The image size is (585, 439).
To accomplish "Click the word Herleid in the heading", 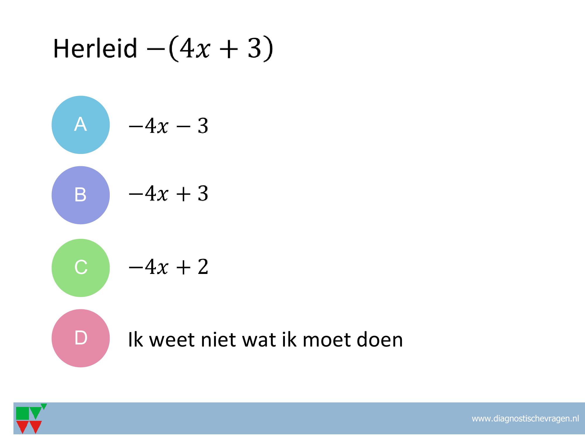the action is (x=95, y=48).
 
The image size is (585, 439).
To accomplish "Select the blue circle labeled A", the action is (x=81, y=125).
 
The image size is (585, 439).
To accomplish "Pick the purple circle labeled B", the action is (x=81, y=195).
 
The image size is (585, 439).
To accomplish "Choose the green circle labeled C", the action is (x=81, y=268).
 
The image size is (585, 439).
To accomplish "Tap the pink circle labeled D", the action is (x=81, y=338).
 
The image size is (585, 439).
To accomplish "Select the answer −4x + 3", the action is (x=168, y=194).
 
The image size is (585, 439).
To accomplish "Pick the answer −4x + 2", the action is (x=168, y=267).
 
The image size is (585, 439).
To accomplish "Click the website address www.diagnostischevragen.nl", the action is (x=525, y=419).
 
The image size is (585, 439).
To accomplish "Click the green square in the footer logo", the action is (x=23, y=413).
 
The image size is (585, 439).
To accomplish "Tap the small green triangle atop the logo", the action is (x=44, y=406).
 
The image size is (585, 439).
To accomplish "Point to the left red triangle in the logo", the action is (x=23, y=426).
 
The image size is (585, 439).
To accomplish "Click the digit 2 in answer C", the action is (x=203, y=267).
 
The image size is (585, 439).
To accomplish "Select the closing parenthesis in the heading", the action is (x=269, y=49).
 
